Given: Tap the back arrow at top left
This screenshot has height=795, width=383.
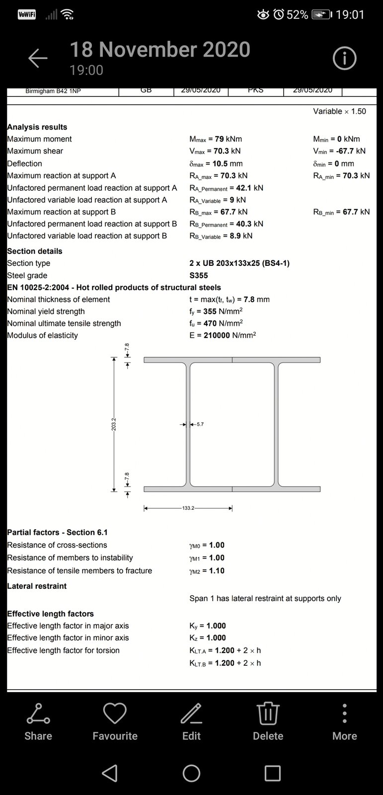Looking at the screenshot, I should pos(38,59).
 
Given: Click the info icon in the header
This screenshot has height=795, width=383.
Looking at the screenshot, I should pos(344,59).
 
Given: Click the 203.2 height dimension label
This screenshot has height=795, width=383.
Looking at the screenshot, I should pos(114,424).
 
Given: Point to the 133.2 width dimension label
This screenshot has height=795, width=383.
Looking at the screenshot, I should pos(188,508).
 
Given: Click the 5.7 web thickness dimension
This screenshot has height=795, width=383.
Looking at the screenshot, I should pos(200,424).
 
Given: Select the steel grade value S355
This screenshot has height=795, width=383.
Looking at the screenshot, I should pos(199,275).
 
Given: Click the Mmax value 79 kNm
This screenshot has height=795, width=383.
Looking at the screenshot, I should pos(229,139).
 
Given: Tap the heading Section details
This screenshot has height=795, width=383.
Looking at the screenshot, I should pos(35,251).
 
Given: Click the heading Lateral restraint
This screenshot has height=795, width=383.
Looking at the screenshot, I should pos(37,586).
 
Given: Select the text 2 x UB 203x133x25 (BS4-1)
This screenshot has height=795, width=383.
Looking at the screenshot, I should pos(239,263).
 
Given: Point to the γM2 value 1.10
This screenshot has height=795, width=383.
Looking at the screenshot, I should pos(217,570).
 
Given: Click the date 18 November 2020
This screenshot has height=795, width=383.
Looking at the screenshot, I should pos(160,50).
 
